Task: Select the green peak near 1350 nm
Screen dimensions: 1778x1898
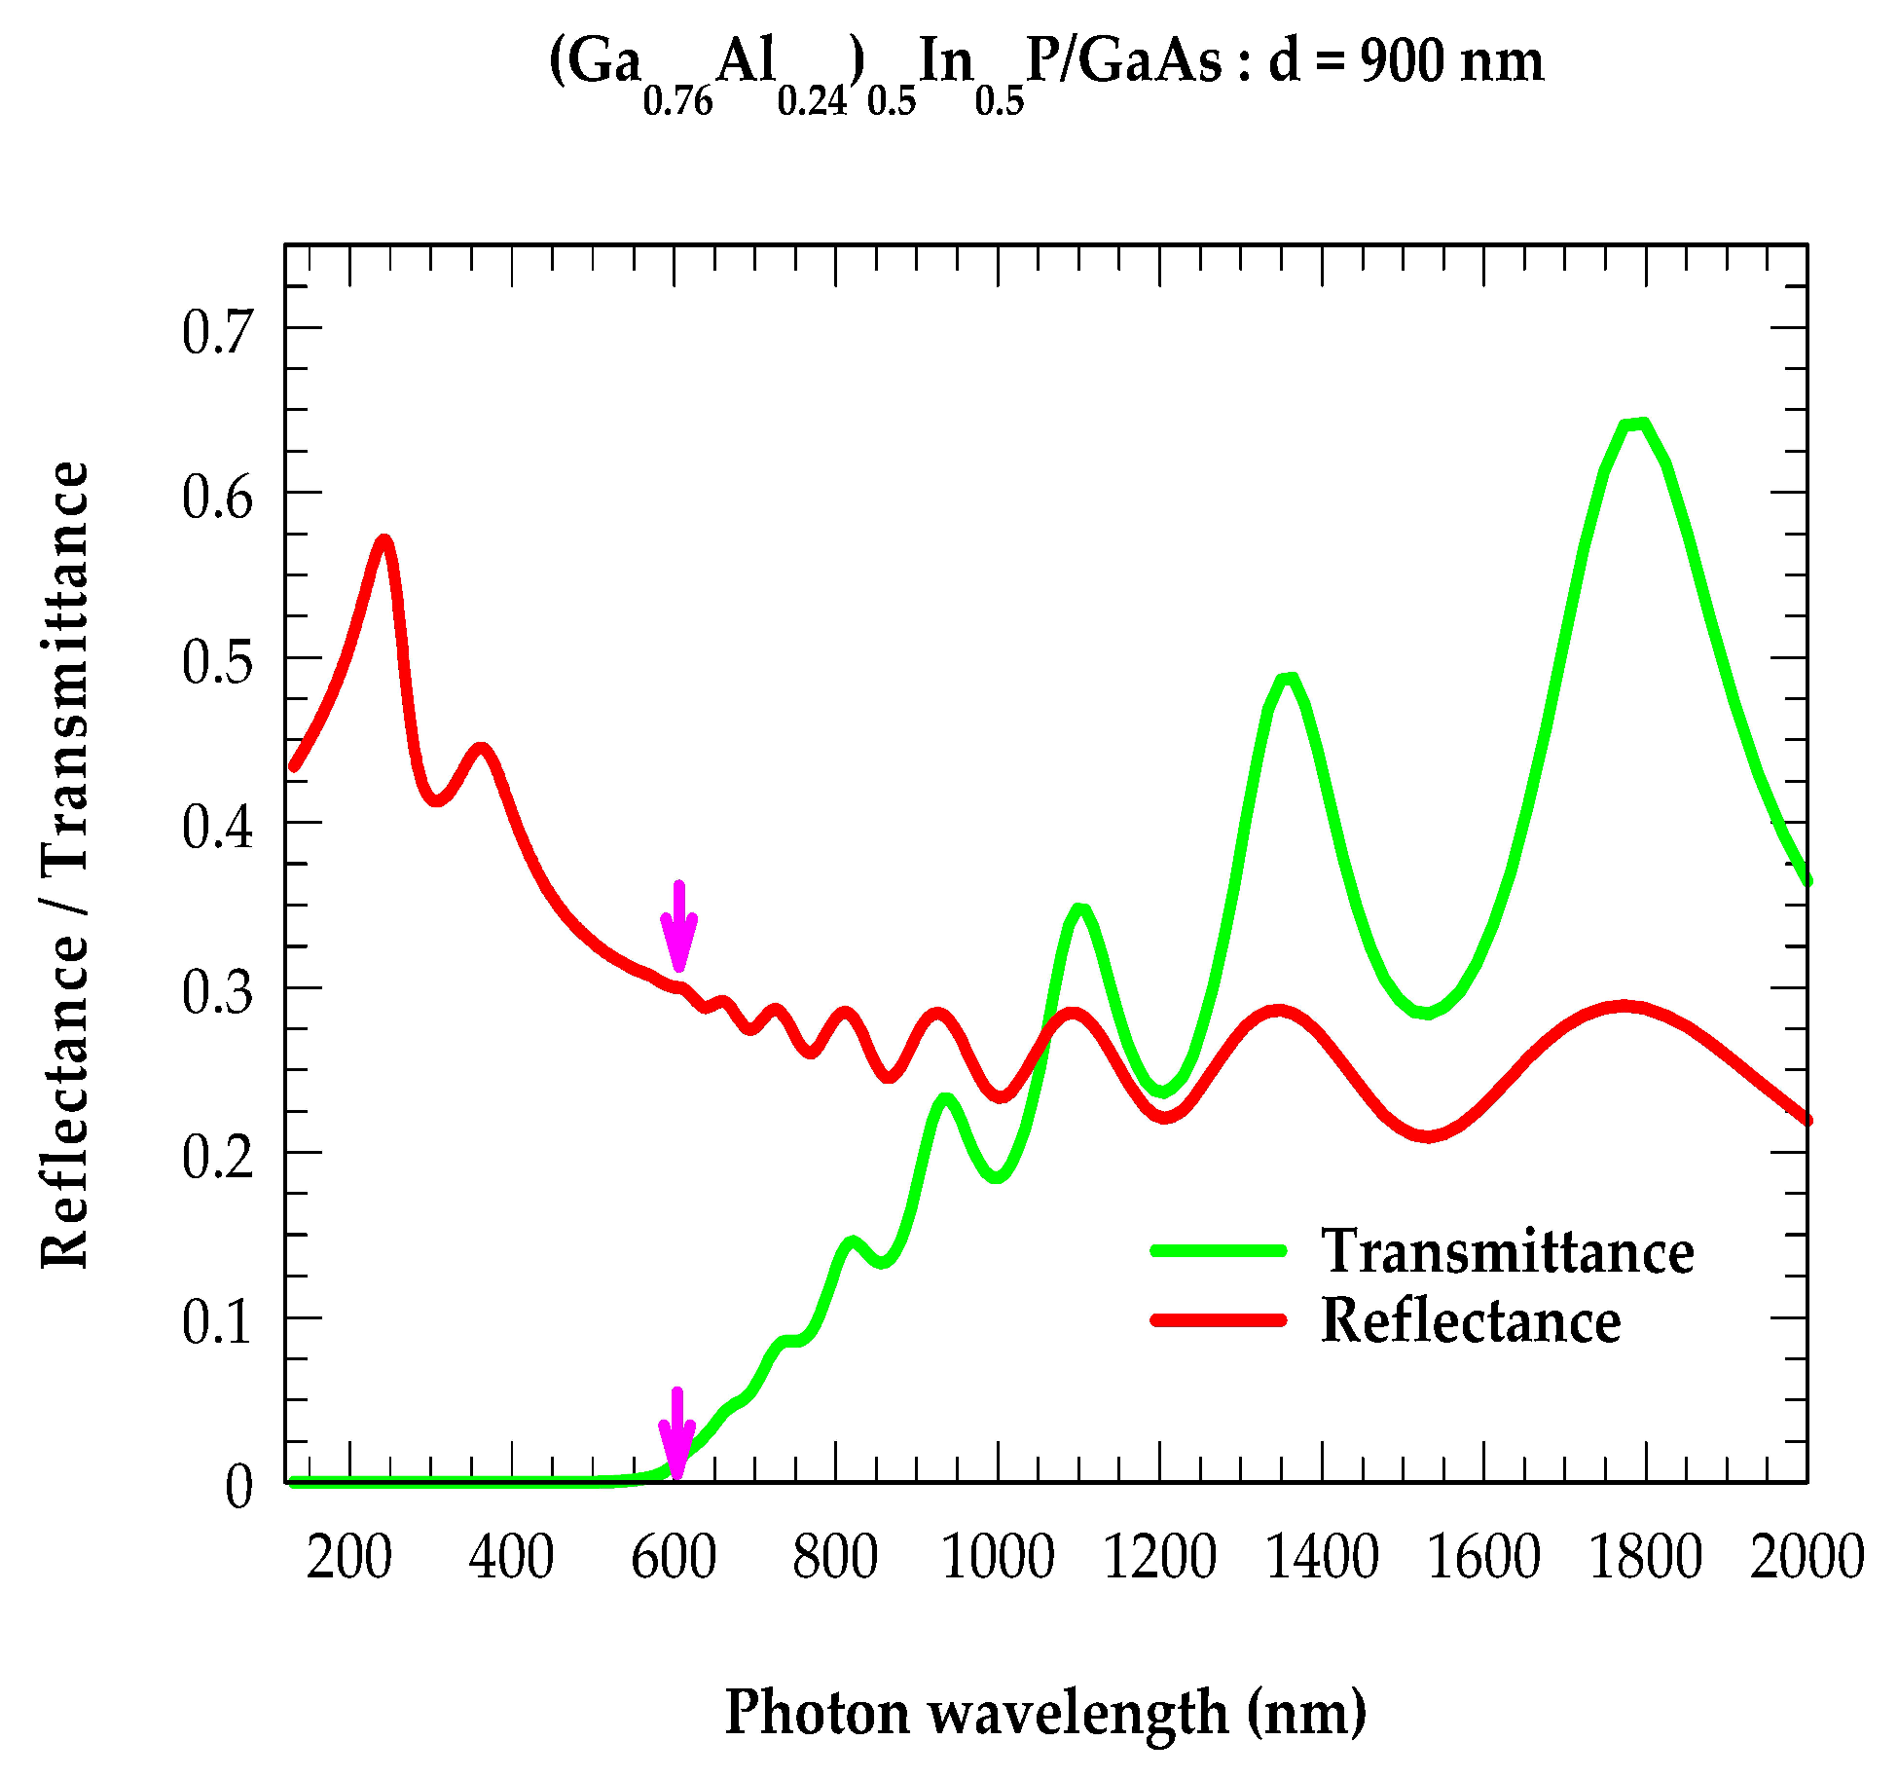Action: pos(1288,679)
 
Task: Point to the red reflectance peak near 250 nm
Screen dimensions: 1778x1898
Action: pos(384,540)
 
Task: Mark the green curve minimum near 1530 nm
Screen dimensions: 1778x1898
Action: pos(1426,1013)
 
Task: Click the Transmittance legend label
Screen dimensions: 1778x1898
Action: pos(1507,1251)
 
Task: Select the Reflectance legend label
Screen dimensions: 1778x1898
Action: pos(1470,1321)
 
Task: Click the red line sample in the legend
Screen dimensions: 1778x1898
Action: pos(1219,1320)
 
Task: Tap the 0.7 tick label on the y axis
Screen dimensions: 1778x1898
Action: pos(217,331)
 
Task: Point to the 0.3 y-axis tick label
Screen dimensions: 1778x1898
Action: pos(217,991)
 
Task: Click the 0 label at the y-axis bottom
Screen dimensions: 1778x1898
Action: pos(238,1487)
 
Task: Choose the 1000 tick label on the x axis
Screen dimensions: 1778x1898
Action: pos(998,1557)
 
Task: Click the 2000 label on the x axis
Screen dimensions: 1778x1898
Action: pos(1807,1557)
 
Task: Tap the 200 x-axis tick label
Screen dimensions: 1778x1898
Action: pos(348,1557)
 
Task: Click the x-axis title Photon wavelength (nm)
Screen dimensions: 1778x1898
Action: pos(1045,1713)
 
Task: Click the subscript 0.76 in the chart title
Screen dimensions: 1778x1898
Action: pos(677,100)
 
